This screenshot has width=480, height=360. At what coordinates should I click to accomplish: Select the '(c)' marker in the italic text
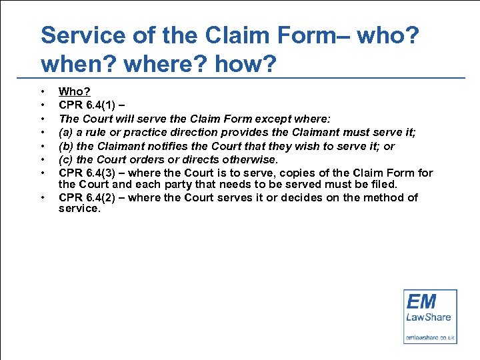coord(66,159)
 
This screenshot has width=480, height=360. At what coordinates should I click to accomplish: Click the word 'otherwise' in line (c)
coord(247,159)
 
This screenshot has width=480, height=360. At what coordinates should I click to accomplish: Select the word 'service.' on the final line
coord(79,209)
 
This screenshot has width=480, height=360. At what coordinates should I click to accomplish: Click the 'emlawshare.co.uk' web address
coord(430,337)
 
